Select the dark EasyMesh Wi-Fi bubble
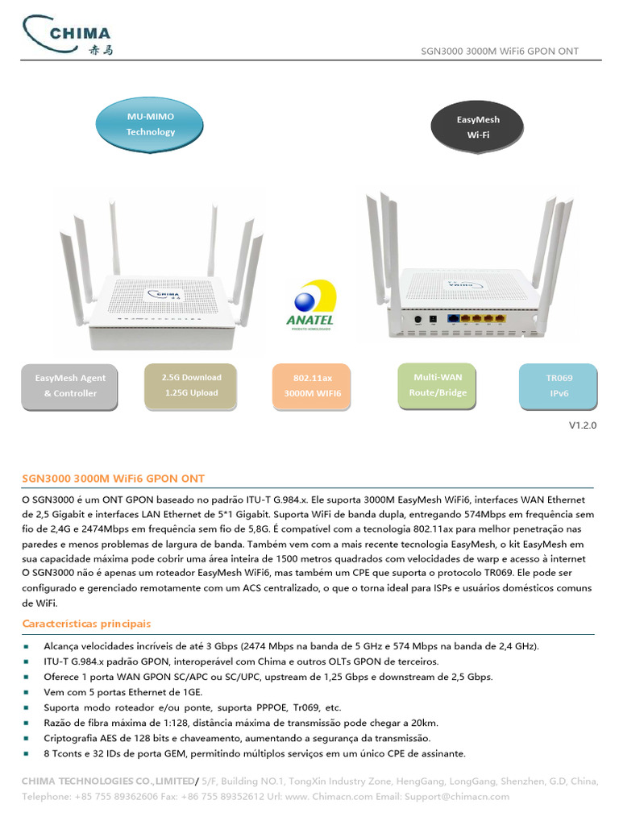(x=478, y=126)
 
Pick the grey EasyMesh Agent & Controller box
(x=70, y=385)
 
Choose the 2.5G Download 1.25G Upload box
(x=191, y=384)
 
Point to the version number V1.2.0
(x=583, y=425)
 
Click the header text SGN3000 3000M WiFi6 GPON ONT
(x=500, y=52)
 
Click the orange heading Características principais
(x=86, y=624)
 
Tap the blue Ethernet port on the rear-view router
(x=454, y=320)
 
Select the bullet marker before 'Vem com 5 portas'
(x=27, y=692)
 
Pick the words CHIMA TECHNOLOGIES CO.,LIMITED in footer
(x=107, y=781)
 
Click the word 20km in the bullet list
(x=424, y=723)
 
